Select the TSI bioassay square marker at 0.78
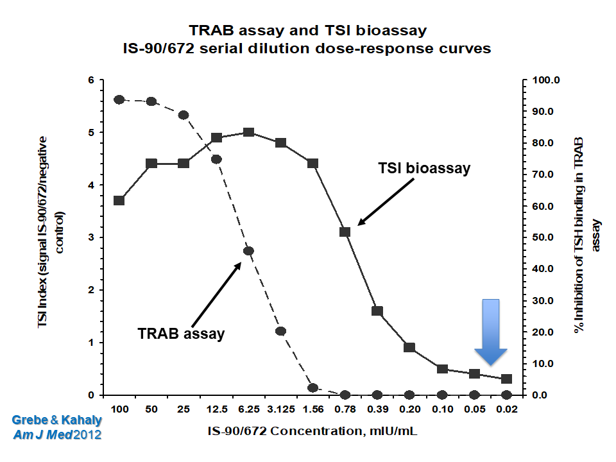point(345,232)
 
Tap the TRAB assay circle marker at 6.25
point(248,251)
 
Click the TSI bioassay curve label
point(424,169)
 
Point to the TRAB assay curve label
point(181,334)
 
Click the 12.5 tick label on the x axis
point(216,409)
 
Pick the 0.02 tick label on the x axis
point(506,409)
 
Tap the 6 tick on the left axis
point(90,80)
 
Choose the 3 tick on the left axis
point(90,237)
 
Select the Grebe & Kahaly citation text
point(56,420)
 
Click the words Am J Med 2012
point(56,434)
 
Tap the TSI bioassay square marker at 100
point(119,200)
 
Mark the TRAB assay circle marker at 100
point(119,99)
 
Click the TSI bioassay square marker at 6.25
point(248,132)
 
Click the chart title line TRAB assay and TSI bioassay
point(307,30)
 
